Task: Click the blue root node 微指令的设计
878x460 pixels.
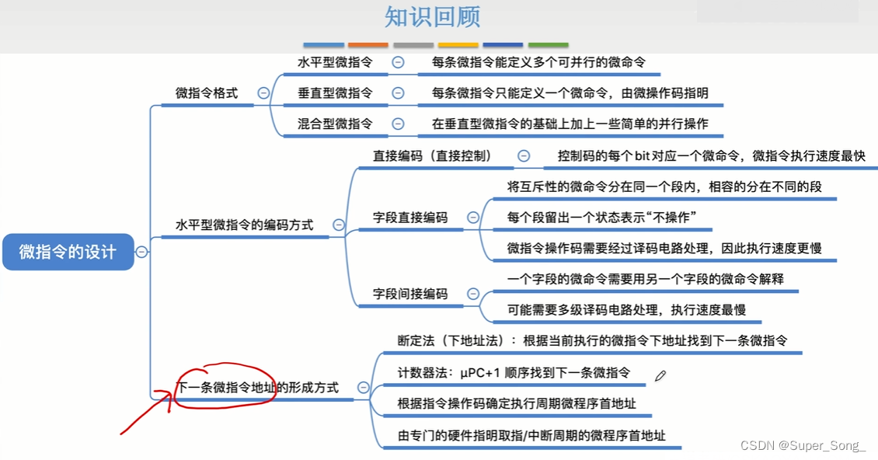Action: tap(68, 252)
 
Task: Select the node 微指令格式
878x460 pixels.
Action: tap(207, 93)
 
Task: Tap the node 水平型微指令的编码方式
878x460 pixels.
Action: tap(245, 225)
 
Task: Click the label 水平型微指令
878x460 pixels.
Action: tap(335, 62)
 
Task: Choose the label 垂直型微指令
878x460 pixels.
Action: tap(335, 93)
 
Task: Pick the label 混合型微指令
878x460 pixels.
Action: tap(335, 124)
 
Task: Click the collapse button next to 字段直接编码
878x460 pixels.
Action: tap(473, 218)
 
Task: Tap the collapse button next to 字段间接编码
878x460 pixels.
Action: tap(473, 294)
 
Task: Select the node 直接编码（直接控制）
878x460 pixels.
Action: tap(433, 156)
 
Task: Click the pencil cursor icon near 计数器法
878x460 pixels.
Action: tap(660, 376)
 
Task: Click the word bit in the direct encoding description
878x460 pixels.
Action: tap(642, 156)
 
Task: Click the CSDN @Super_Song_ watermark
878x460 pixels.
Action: tap(803, 445)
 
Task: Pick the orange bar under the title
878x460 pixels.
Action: tap(368, 45)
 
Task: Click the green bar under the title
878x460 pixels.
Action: tap(549, 45)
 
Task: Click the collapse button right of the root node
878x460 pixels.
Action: tap(141, 252)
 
